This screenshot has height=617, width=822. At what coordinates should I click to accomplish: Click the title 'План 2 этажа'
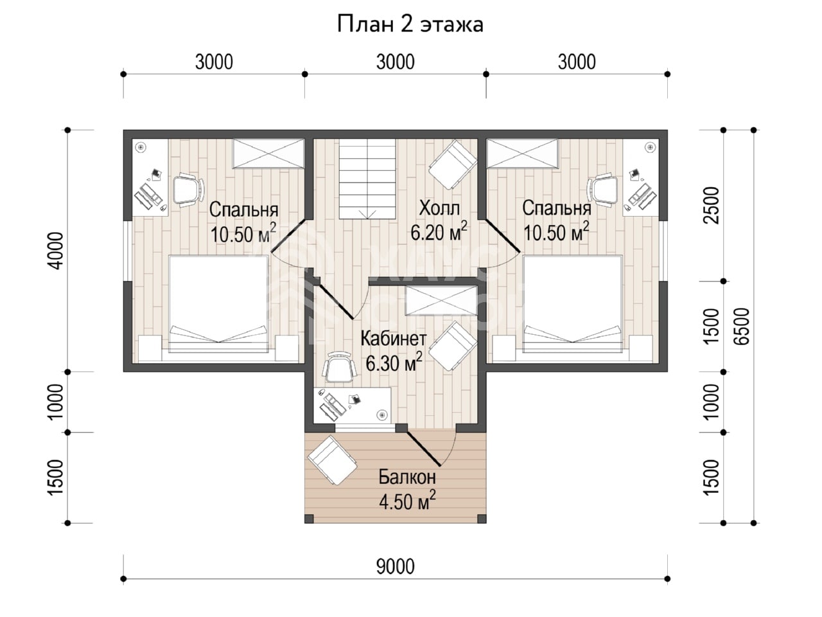410,24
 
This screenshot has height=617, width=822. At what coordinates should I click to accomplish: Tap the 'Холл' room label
439,208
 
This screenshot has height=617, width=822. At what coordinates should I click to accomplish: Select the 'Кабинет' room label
393,339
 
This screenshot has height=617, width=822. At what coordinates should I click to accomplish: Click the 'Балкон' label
407,478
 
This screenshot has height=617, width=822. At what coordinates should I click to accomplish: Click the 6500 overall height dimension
742,326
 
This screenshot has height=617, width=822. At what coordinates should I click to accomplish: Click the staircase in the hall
367,179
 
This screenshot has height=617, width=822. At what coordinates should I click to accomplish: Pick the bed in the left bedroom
219,304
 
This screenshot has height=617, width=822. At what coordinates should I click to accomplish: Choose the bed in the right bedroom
573,304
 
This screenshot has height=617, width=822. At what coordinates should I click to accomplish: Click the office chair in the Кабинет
339,367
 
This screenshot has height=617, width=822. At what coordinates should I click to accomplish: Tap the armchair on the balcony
332,460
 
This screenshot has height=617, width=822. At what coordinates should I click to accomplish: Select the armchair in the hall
453,165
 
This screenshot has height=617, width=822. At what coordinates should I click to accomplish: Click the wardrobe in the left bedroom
268,154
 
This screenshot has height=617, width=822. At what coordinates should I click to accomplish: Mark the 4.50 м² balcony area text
407,501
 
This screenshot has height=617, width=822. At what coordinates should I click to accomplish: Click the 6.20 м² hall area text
439,231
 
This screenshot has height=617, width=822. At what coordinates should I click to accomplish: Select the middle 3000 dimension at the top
396,62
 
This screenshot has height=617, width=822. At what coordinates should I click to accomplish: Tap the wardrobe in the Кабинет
441,300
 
